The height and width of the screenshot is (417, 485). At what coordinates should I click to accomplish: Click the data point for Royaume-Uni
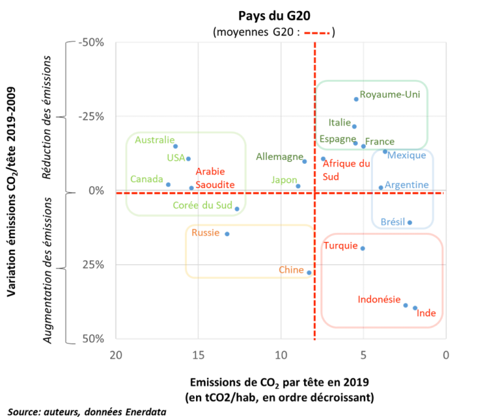[x=356, y=99]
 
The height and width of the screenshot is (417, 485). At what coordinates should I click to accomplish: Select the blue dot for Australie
[x=176, y=146]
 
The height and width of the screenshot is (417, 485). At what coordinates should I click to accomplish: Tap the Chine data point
[x=309, y=273]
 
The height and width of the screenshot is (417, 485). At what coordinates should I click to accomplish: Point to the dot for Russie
[x=227, y=234]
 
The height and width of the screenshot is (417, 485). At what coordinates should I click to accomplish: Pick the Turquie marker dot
[x=362, y=248]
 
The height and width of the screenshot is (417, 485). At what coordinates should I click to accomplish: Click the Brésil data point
[x=410, y=222]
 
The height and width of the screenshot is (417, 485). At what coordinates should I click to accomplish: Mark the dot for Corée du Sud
[x=237, y=209]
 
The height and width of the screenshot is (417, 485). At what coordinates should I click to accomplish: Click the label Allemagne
[x=279, y=157]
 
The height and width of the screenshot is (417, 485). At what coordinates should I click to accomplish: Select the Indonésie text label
[x=379, y=299]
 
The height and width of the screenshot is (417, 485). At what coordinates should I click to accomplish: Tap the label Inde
[x=426, y=313]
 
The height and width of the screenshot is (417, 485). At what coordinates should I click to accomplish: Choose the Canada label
[x=147, y=179]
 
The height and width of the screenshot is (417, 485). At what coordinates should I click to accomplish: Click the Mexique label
[x=406, y=155]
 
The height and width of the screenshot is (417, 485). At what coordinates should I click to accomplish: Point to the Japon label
[x=284, y=180]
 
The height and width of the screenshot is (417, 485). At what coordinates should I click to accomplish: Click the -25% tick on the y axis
[x=91, y=117]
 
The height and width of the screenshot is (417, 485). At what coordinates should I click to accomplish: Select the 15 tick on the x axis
[x=199, y=355]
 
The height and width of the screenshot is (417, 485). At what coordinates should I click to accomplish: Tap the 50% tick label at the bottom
[x=93, y=339]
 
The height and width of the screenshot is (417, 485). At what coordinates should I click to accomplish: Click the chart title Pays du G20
[x=274, y=16]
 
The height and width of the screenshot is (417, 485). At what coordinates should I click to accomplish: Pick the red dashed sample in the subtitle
[x=317, y=33]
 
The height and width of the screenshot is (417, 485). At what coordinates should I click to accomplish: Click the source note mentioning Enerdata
[x=87, y=412]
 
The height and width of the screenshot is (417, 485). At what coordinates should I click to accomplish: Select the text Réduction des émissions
[x=47, y=117]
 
